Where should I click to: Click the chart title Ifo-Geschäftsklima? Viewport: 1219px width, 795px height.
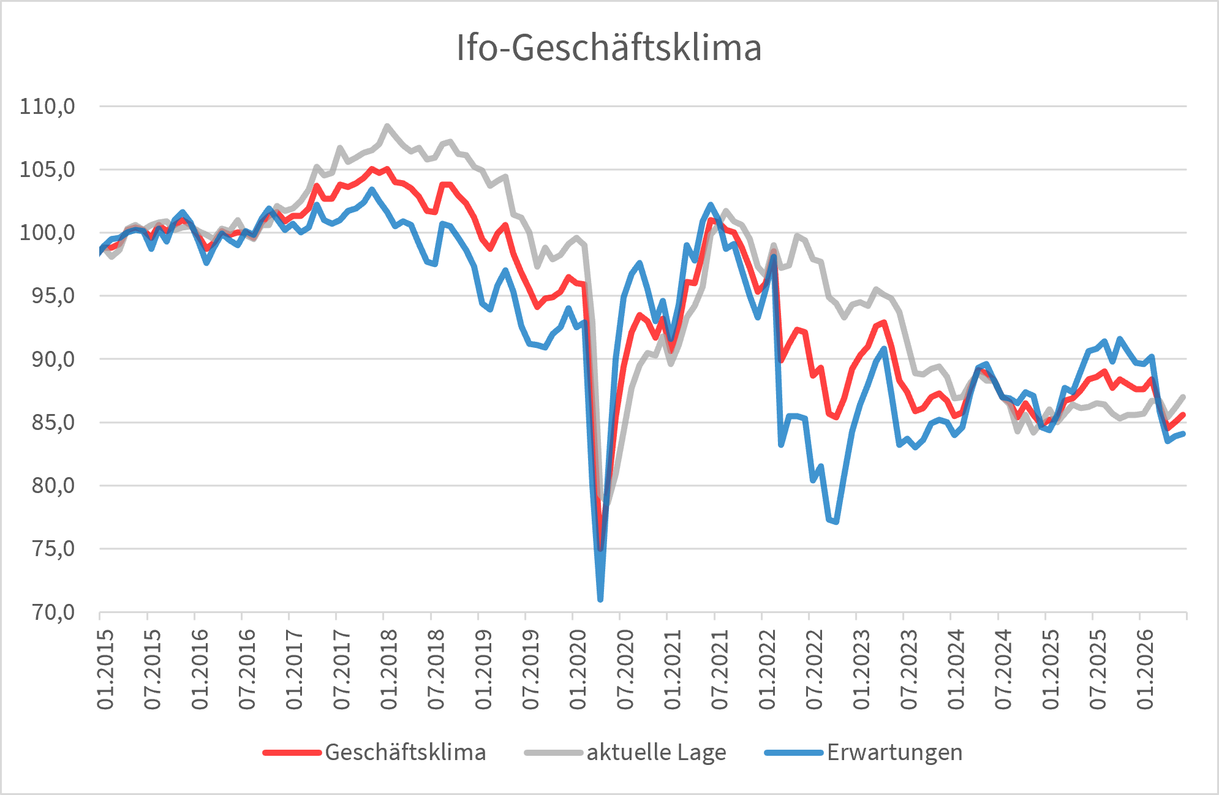(x=609, y=48)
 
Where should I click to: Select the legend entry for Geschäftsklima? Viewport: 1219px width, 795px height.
(x=374, y=752)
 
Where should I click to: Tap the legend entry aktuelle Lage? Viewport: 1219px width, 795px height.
(x=625, y=752)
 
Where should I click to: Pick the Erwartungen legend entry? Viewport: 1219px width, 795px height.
(x=864, y=752)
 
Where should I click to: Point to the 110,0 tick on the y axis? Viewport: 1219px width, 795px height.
(x=47, y=107)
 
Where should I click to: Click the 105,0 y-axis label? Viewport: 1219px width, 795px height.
(x=47, y=170)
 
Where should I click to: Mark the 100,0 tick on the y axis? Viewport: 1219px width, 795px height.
(x=47, y=233)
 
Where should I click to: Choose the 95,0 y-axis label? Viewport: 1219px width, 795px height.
(x=53, y=296)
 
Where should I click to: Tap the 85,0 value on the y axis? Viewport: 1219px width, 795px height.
(x=53, y=422)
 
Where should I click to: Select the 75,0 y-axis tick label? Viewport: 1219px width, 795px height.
(x=53, y=548)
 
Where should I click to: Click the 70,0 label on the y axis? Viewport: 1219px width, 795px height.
(x=53, y=612)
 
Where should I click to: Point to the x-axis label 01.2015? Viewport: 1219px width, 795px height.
(x=105, y=669)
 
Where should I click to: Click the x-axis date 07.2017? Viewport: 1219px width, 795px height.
(x=342, y=669)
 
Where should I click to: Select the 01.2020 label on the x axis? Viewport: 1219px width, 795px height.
(x=578, y=669)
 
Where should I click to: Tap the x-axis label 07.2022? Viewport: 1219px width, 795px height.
(x=815, y=669)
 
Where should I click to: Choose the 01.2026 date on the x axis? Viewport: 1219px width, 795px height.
(x=1145, y=669)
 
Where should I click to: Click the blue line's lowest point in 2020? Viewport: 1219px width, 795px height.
(x=600, y=598)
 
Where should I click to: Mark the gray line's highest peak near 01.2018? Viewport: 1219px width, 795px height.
(x=387, y=126)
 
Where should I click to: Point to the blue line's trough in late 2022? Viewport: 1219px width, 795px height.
(x=836, y=521)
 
